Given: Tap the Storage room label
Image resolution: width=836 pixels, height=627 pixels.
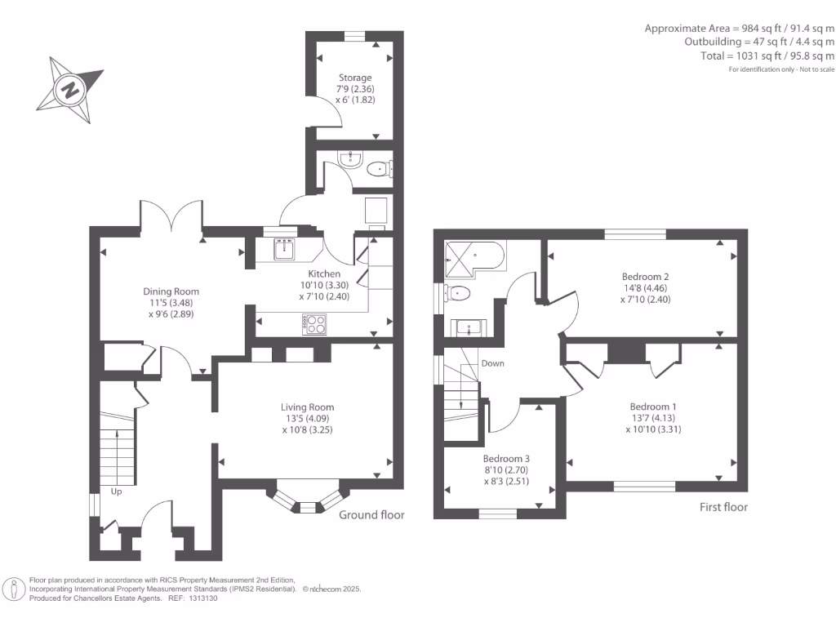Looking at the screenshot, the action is point(355,78).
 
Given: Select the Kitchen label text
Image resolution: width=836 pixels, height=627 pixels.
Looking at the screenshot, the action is point(324,273).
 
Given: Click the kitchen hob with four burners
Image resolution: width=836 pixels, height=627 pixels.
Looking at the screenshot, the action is point(314,324).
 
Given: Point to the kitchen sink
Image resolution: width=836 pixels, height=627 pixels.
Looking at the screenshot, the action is point(285,249).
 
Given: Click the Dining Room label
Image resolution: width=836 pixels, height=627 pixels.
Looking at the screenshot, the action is point(171,291).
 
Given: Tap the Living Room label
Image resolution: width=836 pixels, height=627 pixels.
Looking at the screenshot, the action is point(307,407).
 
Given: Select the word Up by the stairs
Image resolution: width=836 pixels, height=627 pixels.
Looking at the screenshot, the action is point(116,491).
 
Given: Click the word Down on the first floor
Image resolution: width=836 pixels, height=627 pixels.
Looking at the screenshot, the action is point(492,363).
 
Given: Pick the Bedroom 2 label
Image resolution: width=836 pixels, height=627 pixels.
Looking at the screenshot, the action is point(645,277).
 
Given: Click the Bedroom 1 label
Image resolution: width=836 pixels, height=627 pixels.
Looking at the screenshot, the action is point(653,407).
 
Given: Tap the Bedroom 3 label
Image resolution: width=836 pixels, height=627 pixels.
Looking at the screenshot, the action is point(506,459).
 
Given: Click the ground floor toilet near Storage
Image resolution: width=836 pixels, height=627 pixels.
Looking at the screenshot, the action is point(379,169).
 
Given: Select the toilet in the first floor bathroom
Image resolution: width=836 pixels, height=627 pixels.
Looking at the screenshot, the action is point(458,293).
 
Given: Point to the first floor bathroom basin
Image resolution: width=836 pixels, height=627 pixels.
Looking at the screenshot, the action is point(469,327).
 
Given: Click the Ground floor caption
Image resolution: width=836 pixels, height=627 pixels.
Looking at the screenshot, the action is point(371,515).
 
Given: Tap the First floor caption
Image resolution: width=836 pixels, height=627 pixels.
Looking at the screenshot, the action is point(723,507).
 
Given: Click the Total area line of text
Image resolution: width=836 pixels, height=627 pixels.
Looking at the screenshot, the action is point(767,56).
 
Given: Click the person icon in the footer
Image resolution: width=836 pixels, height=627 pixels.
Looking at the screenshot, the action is point(14,589).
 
